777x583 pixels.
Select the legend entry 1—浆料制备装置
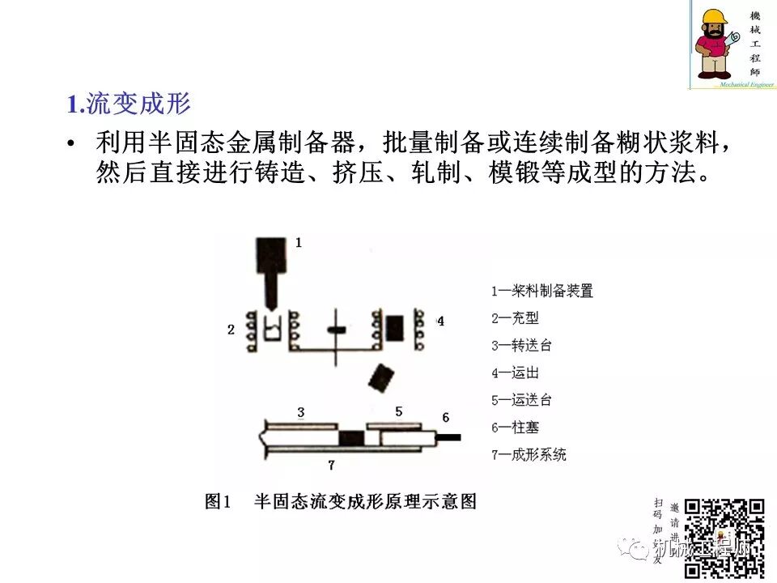[542, 291]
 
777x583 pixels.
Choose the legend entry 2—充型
[515, 318]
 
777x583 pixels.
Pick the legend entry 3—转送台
[521, 346]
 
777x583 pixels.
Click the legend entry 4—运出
[515, 373]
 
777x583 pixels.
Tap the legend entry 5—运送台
[521, 400]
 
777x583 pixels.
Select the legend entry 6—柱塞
[515, 428]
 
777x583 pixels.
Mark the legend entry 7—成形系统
[529, 454]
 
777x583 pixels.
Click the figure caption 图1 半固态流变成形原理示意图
[341, 502]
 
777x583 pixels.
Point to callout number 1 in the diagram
[299, 242]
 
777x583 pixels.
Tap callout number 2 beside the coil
[231, 330]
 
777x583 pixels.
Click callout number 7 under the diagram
[330, 465]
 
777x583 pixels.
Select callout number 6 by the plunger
[445, 418]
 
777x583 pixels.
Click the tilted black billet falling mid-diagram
[380, 377]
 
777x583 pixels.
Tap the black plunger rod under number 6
[448, 437]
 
